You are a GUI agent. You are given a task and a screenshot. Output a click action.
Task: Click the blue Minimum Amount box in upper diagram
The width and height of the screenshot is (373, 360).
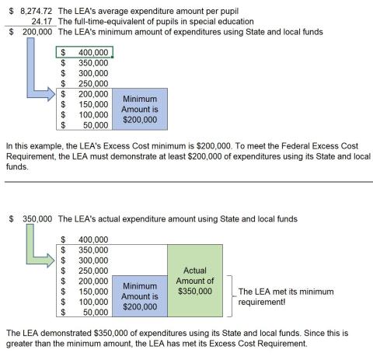click(x=141, y=110)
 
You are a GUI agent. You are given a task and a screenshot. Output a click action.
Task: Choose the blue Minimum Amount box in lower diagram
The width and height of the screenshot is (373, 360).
click(x=141, y=296)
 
